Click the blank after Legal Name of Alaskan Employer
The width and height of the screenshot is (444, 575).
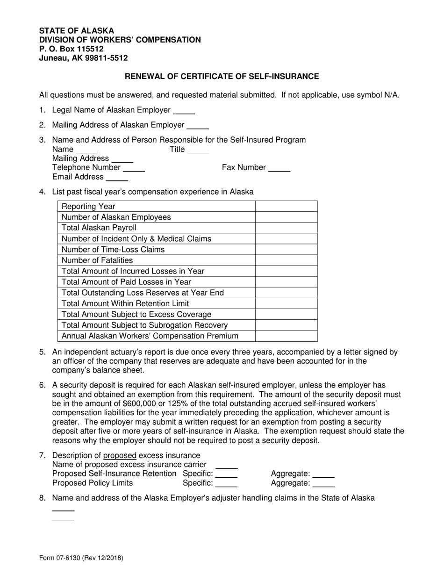pos(184,111)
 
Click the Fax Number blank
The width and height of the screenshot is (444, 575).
pos(279,168)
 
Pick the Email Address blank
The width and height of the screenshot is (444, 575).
pos(117,178)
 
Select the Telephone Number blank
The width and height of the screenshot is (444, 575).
pos(134,168)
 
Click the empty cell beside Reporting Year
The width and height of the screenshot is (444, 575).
pos(286,207)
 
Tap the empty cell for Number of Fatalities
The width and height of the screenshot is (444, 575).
pos(286,260)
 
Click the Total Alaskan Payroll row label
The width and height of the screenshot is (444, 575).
pos(99,228)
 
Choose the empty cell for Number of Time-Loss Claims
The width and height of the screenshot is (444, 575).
pos(286,250)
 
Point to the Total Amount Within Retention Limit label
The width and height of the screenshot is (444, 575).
pos(125,304)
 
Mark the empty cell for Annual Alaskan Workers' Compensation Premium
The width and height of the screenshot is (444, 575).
pos(286,336)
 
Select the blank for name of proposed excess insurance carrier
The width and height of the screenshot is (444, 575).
pos(226,466)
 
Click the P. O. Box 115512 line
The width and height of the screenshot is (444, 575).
pos(72,49)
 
